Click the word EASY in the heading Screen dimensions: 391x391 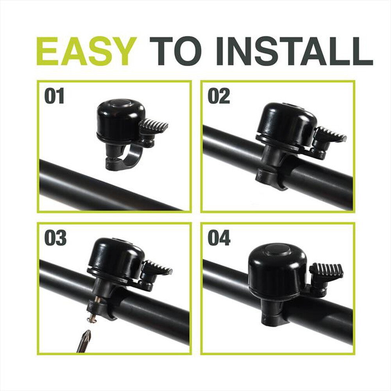pyautogui.click(x=87, y=51)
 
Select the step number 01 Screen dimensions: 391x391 pyautogui.click(x=54, y=96)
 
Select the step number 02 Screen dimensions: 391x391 pyautogui.click(x=219, y=96)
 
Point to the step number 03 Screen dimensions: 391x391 pyautogui.click(x=56, y=238)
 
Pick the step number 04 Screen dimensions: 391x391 pyautogui.click(x=219, y=238)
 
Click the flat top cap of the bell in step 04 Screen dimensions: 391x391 pyautogui.click(x=278, y=250)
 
